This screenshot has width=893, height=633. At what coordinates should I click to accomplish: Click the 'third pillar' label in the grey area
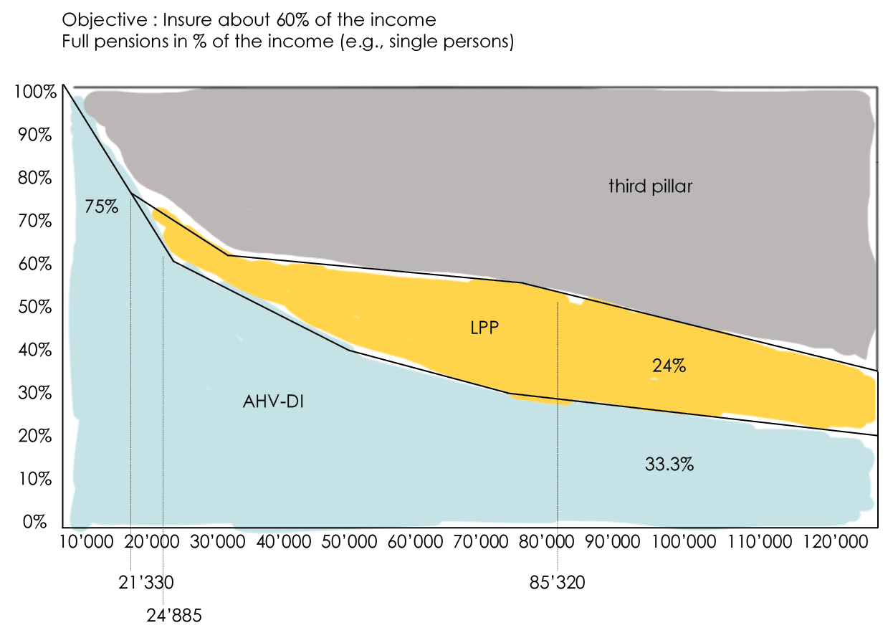pos(651,186)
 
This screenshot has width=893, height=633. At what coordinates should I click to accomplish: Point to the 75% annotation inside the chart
pos(101,206)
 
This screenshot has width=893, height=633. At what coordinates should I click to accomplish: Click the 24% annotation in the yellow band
pos(669,366)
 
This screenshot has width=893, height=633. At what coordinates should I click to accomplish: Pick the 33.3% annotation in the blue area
pos(669,465)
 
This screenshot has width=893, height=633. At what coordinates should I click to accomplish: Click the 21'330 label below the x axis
pos(146,583)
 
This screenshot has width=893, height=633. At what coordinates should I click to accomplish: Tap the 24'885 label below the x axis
pos(174,614)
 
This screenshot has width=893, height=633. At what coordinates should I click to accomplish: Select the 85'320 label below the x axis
pos(557,583)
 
